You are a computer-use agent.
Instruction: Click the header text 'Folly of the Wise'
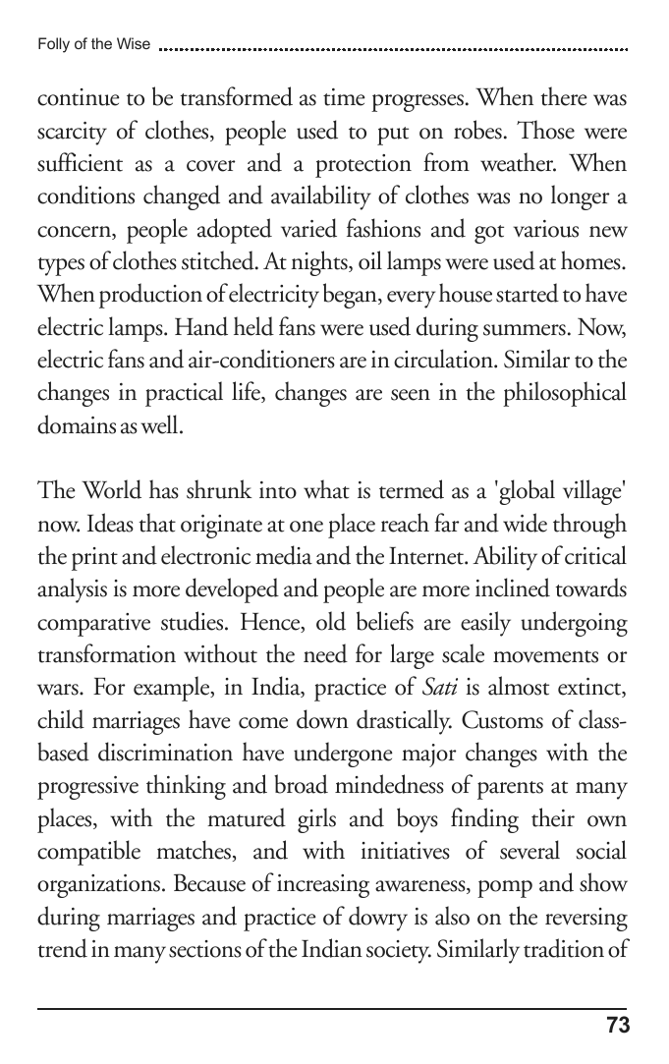point(93,44)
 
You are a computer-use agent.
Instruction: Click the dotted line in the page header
point(393,47)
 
